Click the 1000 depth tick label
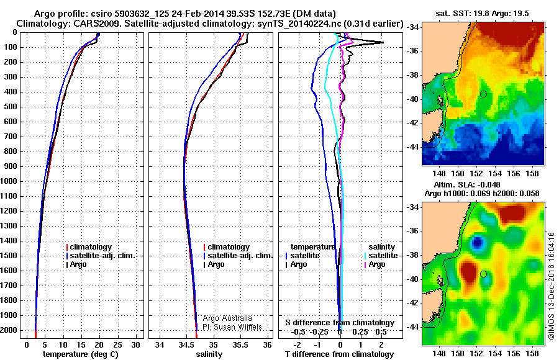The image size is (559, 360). click(x=10, y=181)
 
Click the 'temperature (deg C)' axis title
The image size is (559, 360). click(x=81, y=354)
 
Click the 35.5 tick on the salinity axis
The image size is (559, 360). click(x=240, y=344)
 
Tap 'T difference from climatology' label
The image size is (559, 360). click(x=340, y=354)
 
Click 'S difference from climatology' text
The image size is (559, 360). click(x=340, y=323)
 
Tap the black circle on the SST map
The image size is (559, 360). click(x=483, y=94)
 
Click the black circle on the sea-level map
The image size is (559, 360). click(x=483, y=274)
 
